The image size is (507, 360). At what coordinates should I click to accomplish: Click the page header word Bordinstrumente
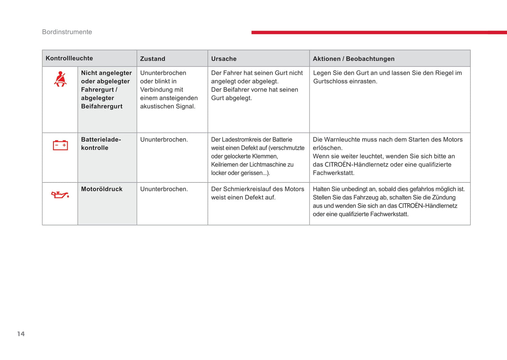[67, 32]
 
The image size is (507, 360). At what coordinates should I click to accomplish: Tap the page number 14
[21, 334]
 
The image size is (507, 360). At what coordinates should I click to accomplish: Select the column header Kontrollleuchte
[69, 58]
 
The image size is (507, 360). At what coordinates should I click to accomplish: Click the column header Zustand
[153, 59]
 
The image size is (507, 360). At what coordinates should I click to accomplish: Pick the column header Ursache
[224, 59]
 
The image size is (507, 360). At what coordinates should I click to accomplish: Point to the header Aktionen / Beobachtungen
[353, 59]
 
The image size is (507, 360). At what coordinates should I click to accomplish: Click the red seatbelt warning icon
[60, 79]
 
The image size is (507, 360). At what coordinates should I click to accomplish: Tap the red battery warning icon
[60, 145]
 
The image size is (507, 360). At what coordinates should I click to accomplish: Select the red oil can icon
[60, 194]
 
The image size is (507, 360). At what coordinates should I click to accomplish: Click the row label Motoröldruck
[101, 189]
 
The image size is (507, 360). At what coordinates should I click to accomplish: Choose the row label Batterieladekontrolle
[101, 144]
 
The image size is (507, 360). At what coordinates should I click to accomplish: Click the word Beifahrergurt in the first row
[101, 106]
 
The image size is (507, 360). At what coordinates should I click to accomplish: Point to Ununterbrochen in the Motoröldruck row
[164, 189]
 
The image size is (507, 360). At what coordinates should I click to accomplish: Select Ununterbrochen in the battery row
[164, 139]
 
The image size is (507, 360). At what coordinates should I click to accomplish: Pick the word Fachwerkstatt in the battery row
[333, 173]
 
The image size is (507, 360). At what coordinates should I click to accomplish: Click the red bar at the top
[379, 32]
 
